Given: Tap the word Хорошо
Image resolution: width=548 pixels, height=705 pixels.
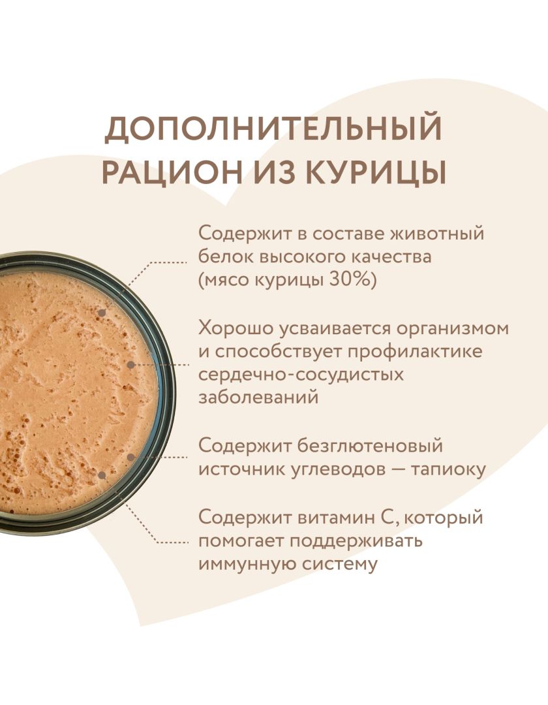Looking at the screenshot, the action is click(x=236, y=328).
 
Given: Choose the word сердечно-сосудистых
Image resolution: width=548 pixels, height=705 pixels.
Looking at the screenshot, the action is click(x=301, y=375).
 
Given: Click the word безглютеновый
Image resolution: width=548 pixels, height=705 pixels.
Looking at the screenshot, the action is click(x=370, y=446).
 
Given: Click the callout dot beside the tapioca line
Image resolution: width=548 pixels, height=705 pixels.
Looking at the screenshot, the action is click(x=130, y=457).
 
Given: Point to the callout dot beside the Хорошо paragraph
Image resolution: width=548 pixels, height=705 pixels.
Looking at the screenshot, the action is click(x=130, y=365).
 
